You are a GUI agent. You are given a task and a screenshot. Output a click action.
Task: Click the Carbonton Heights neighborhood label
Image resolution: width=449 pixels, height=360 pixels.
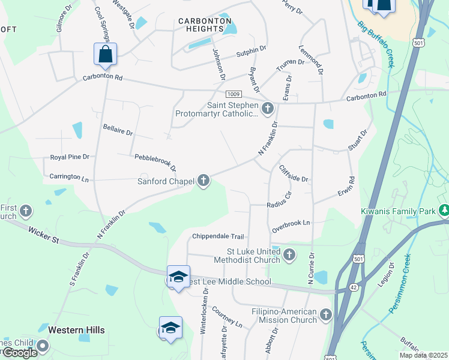205,25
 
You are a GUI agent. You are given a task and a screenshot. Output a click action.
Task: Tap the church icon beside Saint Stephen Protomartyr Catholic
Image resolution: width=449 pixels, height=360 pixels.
268,109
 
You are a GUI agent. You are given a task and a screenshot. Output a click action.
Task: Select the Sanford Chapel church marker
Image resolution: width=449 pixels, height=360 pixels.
204,180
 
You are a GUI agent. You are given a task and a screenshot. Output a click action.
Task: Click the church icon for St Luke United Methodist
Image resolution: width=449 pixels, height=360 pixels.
289,255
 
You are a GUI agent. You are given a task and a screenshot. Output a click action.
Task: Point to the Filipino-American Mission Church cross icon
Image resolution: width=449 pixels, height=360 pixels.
326,314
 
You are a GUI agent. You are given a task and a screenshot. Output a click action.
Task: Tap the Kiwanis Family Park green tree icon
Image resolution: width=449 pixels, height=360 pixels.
444,211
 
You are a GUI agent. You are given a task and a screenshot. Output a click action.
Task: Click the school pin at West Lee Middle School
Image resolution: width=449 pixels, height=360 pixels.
178,277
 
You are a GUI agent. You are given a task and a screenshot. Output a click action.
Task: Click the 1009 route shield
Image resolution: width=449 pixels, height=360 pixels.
234,94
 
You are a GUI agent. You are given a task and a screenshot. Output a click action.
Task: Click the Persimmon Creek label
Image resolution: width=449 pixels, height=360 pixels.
399,284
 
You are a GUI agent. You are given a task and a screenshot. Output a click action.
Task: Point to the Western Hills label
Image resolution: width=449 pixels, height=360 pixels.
76,330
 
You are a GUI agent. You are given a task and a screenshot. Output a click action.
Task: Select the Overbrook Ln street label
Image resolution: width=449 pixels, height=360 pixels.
291,223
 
